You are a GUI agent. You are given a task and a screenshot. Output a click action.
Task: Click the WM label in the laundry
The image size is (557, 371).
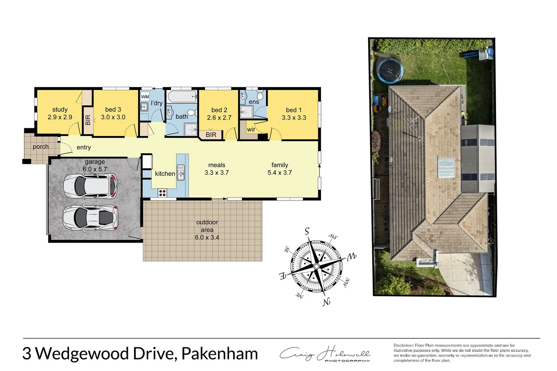click(x=145, y=97)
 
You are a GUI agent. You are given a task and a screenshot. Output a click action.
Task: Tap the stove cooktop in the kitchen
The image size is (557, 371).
click(x=162, y=193)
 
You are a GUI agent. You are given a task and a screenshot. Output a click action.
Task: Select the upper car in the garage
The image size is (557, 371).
click(x=90, y=186)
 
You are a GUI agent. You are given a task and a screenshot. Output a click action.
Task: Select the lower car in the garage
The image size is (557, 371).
click(x=90, y=217)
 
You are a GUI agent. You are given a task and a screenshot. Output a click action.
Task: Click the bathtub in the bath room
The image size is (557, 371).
click(x=182, y=96)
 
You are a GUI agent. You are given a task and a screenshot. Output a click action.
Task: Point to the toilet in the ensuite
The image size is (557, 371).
click(x=260, y=95)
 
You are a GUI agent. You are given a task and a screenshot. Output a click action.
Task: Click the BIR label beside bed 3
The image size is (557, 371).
click(x=88, y=120)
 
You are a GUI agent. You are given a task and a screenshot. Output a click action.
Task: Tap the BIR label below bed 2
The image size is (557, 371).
click(x=211, y=135)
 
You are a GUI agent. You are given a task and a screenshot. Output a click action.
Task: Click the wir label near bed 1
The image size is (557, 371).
click(x=251, y=130)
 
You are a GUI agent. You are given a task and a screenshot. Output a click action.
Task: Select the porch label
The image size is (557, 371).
click(x=41, y=147)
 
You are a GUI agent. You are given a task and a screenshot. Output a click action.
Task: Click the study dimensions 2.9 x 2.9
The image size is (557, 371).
click(x=60, y=117)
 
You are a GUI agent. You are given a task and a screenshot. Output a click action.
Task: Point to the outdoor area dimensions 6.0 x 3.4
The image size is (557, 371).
click(x=207, y=237)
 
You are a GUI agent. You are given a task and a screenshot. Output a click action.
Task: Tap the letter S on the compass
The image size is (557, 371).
click(x=307, y=232)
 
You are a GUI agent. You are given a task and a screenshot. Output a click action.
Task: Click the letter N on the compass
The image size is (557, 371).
click(x=326, y=302)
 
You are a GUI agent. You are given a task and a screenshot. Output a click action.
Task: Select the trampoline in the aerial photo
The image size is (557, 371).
click(x=390, y=70)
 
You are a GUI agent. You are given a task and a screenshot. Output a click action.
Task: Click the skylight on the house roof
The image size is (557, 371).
click(x=446, y=168)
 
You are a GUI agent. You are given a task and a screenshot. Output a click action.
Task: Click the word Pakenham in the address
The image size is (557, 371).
click(x=219, y=354)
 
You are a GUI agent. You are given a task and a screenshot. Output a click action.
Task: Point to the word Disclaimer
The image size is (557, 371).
click(x=403, y=345)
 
